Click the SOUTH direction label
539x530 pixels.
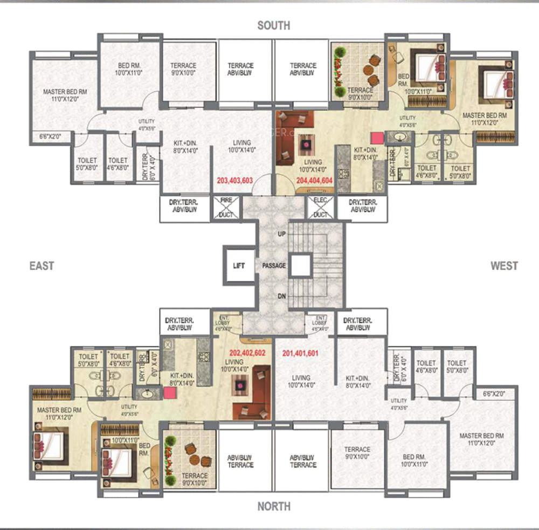tap(273, 25)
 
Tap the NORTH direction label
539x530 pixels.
tap(273, 506)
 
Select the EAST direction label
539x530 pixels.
tap(42, 265)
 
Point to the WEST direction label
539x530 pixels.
tap(504, 265)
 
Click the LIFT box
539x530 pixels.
tap(239, 266)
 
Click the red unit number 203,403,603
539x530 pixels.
tap(234, 181)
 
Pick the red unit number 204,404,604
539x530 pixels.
tap(315, 181)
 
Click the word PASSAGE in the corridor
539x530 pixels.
tap(274, 266)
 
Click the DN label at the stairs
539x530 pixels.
tap(281, 296)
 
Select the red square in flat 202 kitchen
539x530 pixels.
tap(169, 393)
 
